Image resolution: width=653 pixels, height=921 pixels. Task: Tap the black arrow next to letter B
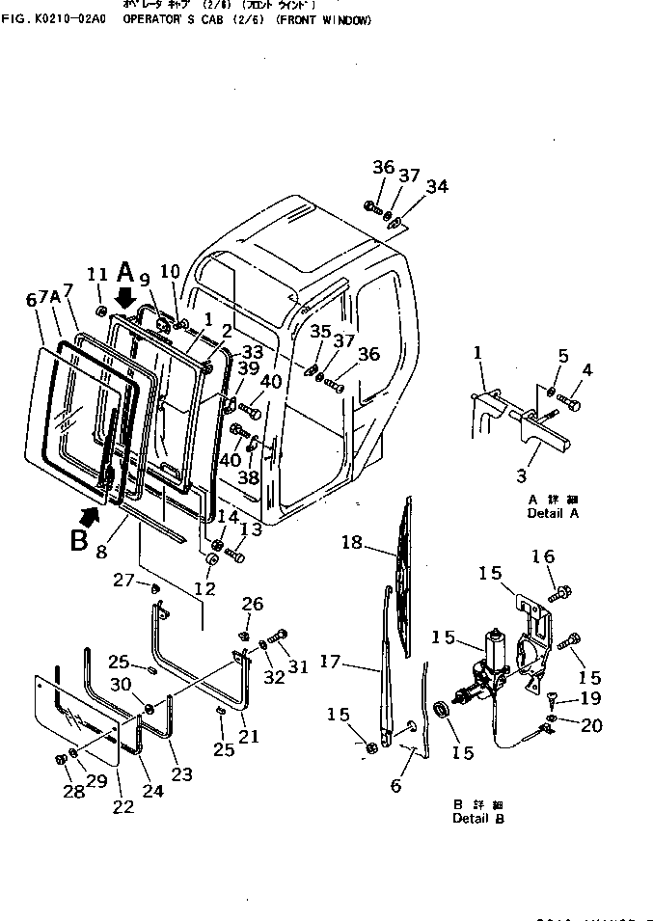pos(89,518)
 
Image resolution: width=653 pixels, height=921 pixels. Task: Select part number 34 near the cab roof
pos(437,186)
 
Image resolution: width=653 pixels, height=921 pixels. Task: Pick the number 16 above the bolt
pos(544,556)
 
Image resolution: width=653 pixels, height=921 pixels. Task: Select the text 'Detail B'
pos(477,819)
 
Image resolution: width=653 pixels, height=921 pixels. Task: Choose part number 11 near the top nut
pos(97,275)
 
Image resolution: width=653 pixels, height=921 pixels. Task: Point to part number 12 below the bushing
pos(206,587)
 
